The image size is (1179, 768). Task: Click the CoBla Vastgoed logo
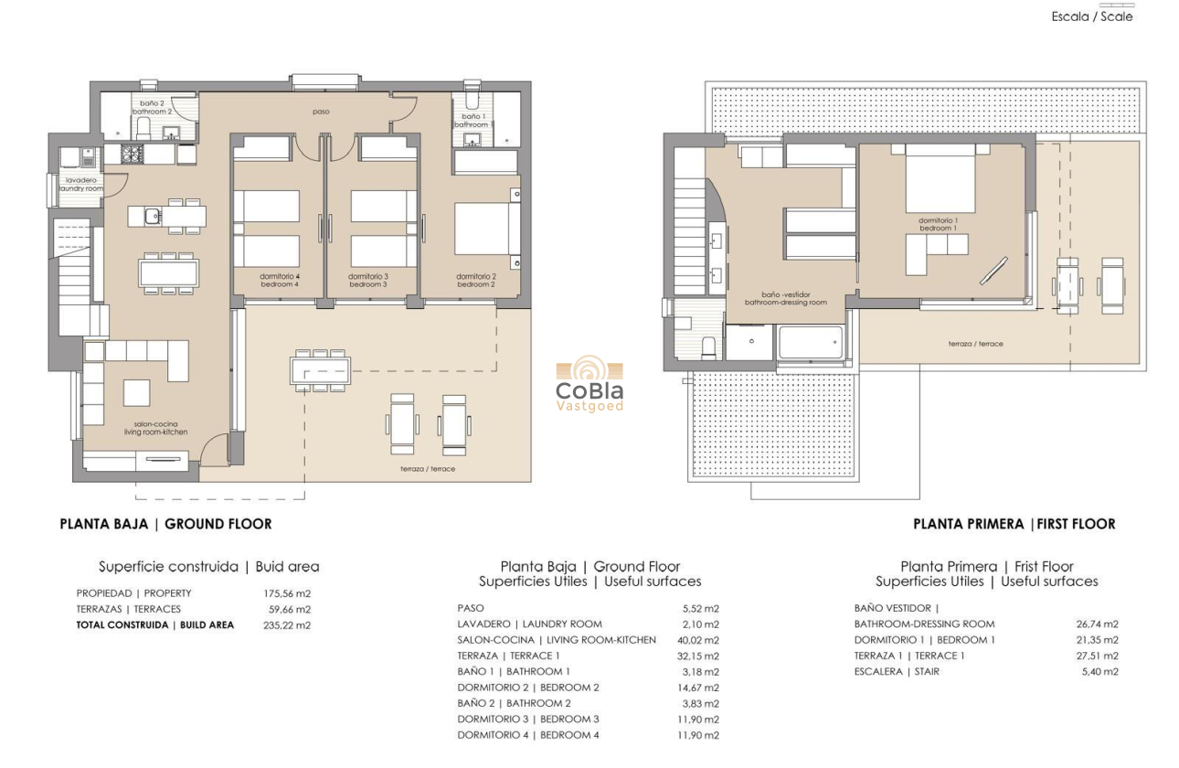(x=590, y=385)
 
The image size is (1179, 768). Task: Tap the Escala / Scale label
(x=1091, y=16)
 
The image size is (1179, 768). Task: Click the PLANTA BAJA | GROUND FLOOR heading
(x=165, y=524)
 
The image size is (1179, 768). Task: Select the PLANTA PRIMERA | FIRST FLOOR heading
(x=1014, y=524)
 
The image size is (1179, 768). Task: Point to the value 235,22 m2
(x=287, y=625)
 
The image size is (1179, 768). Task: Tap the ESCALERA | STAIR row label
(x=897, y=672)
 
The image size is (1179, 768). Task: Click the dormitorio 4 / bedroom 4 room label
(x=280, y=280)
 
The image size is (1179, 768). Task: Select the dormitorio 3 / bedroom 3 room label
(x=368, y=280)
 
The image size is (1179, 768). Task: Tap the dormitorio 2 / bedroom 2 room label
(x=475, y=280)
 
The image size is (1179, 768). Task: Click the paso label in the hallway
(x=320, y=112)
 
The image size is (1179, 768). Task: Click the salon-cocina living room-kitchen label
(x=156, y=427)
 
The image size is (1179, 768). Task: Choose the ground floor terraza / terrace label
(x=428, y=469)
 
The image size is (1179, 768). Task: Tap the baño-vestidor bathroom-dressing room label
(x=785, y=298)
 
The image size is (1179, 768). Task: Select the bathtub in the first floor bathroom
(x=810, y=344)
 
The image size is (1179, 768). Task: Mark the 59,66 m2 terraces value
(x=287, y=609)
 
